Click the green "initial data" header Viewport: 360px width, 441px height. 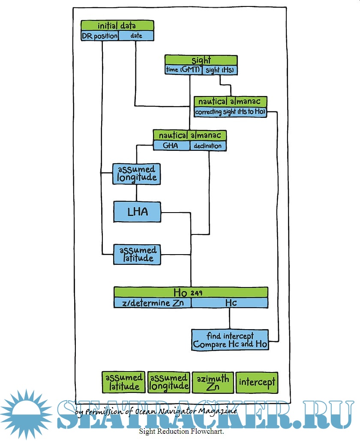[x=117, y=26]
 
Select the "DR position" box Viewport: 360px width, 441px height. [x=99, y=36]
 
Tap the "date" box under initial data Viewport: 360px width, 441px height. [x=136, y=36]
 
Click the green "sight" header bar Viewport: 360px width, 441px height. [x=201, y=60]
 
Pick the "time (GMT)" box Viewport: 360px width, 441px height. [x=183, y=70]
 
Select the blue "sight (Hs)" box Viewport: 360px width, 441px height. [x=220, y=70]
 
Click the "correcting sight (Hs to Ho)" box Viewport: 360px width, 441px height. [x=231, y=112]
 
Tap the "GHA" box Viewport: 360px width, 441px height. [x=171, y=146]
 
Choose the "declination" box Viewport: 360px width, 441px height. [x=208, y=146]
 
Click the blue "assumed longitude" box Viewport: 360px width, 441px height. [x=137, y=174]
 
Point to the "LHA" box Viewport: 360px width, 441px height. [x=137, y=212]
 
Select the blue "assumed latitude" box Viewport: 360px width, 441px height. [x=137, y=255]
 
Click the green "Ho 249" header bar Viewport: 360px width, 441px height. [x=191, y=292]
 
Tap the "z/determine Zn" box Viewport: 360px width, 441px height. [x=152, y=303]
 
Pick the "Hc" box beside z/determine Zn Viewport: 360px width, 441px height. [x=230, y=303]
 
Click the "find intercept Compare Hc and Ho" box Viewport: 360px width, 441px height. [x=230, y=340]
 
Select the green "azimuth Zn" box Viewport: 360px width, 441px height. [x=213, y=382]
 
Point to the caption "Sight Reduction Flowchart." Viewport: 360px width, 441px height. [x=181, y=431]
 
